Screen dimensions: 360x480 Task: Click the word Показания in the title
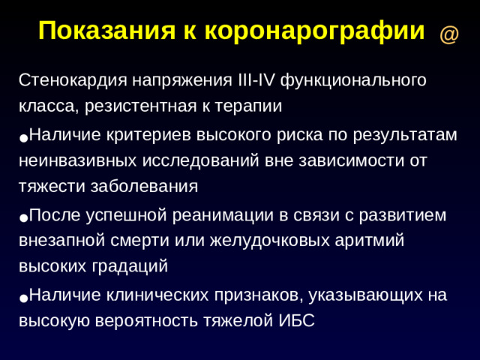tap(106, 31)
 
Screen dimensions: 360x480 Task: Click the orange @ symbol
tap(448, 34)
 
